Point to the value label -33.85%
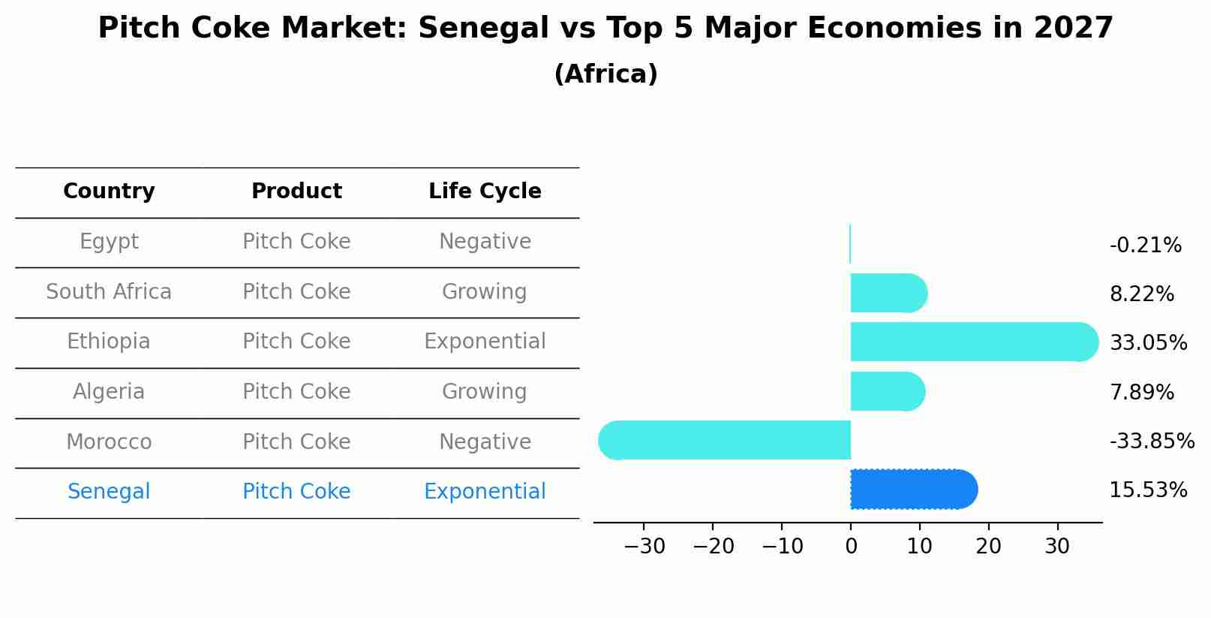[x=1152, y=441]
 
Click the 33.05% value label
[x=1148, y=343]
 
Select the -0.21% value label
[x=1145, y=246]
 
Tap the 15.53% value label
[x=1148, y=490]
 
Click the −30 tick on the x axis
[x=645, y=547]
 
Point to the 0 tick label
[x=851, y=547]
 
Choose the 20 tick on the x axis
[x=988, y=547]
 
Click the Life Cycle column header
[x=485, y=191]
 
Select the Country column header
[x=109, y=191]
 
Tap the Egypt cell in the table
[x=109, y=242]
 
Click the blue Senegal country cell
[x=109, y=492]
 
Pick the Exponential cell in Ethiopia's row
[x=485, y=342]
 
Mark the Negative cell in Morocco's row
[x=485, y=442]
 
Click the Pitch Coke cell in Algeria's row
[x=296, y=392]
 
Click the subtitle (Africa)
[x=605, y=74]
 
